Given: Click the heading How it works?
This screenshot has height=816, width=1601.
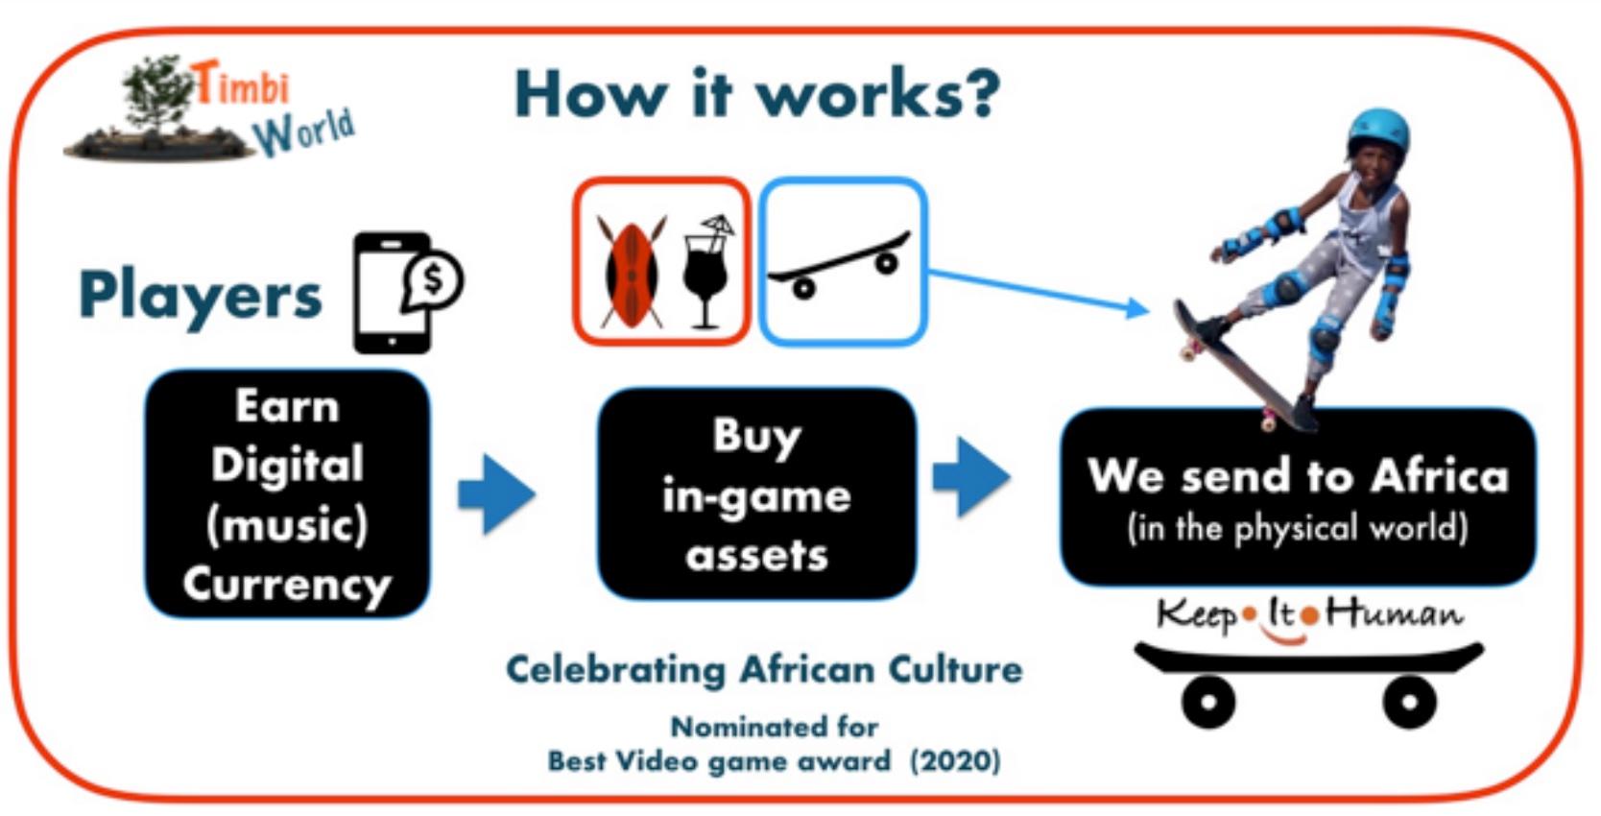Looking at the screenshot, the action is pos(757,94).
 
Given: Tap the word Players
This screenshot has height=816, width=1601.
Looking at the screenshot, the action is pos(201,296).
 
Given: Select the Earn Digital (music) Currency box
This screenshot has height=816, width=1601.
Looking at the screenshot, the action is pos(287,493).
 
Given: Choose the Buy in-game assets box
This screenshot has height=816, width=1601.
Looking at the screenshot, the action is pos(757,493).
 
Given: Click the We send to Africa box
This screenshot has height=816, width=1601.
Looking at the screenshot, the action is pos(1298,497).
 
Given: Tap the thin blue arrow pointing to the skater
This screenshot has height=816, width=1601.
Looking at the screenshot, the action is pos(1039,290).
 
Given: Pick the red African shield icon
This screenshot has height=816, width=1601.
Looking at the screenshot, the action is pos(632,273).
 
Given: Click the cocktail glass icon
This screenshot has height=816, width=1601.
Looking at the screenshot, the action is pos(707,272).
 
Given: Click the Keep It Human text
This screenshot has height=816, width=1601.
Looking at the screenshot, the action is pos(1309,616).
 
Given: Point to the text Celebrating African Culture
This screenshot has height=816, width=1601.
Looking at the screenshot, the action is pos(764,670).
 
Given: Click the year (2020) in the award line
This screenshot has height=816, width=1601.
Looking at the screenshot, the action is pos(955,760).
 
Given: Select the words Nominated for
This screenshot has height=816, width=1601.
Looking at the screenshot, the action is pos(774,727).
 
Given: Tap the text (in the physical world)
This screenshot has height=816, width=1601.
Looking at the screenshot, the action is pos(1298,529).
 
